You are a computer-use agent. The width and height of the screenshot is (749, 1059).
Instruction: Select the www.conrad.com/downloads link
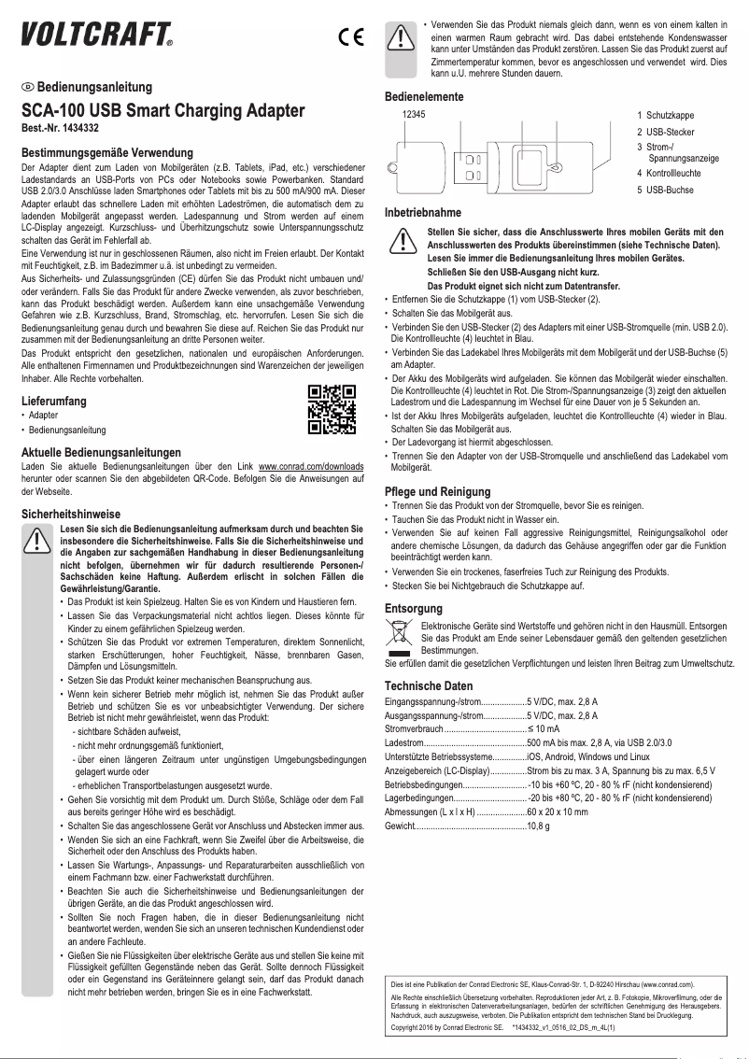(x=311, y=464)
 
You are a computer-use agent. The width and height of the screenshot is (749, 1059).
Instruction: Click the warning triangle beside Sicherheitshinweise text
(x=37, y=542)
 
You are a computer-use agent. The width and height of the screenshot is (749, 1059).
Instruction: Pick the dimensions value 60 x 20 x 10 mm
(x=558, y=812)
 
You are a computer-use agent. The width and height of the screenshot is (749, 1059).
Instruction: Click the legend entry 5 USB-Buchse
(x=665, y=190)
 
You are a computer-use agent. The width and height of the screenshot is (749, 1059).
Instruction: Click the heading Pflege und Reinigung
(x=438, y=491)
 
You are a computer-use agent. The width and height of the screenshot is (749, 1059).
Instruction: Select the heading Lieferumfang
(x=55, y=401)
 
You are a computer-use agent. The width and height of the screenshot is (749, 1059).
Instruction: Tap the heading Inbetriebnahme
(x=423, y=213)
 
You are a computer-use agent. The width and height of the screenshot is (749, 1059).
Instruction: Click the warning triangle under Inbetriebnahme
(x=402, y=240)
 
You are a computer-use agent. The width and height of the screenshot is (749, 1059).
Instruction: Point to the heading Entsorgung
(x=414, y=609)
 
